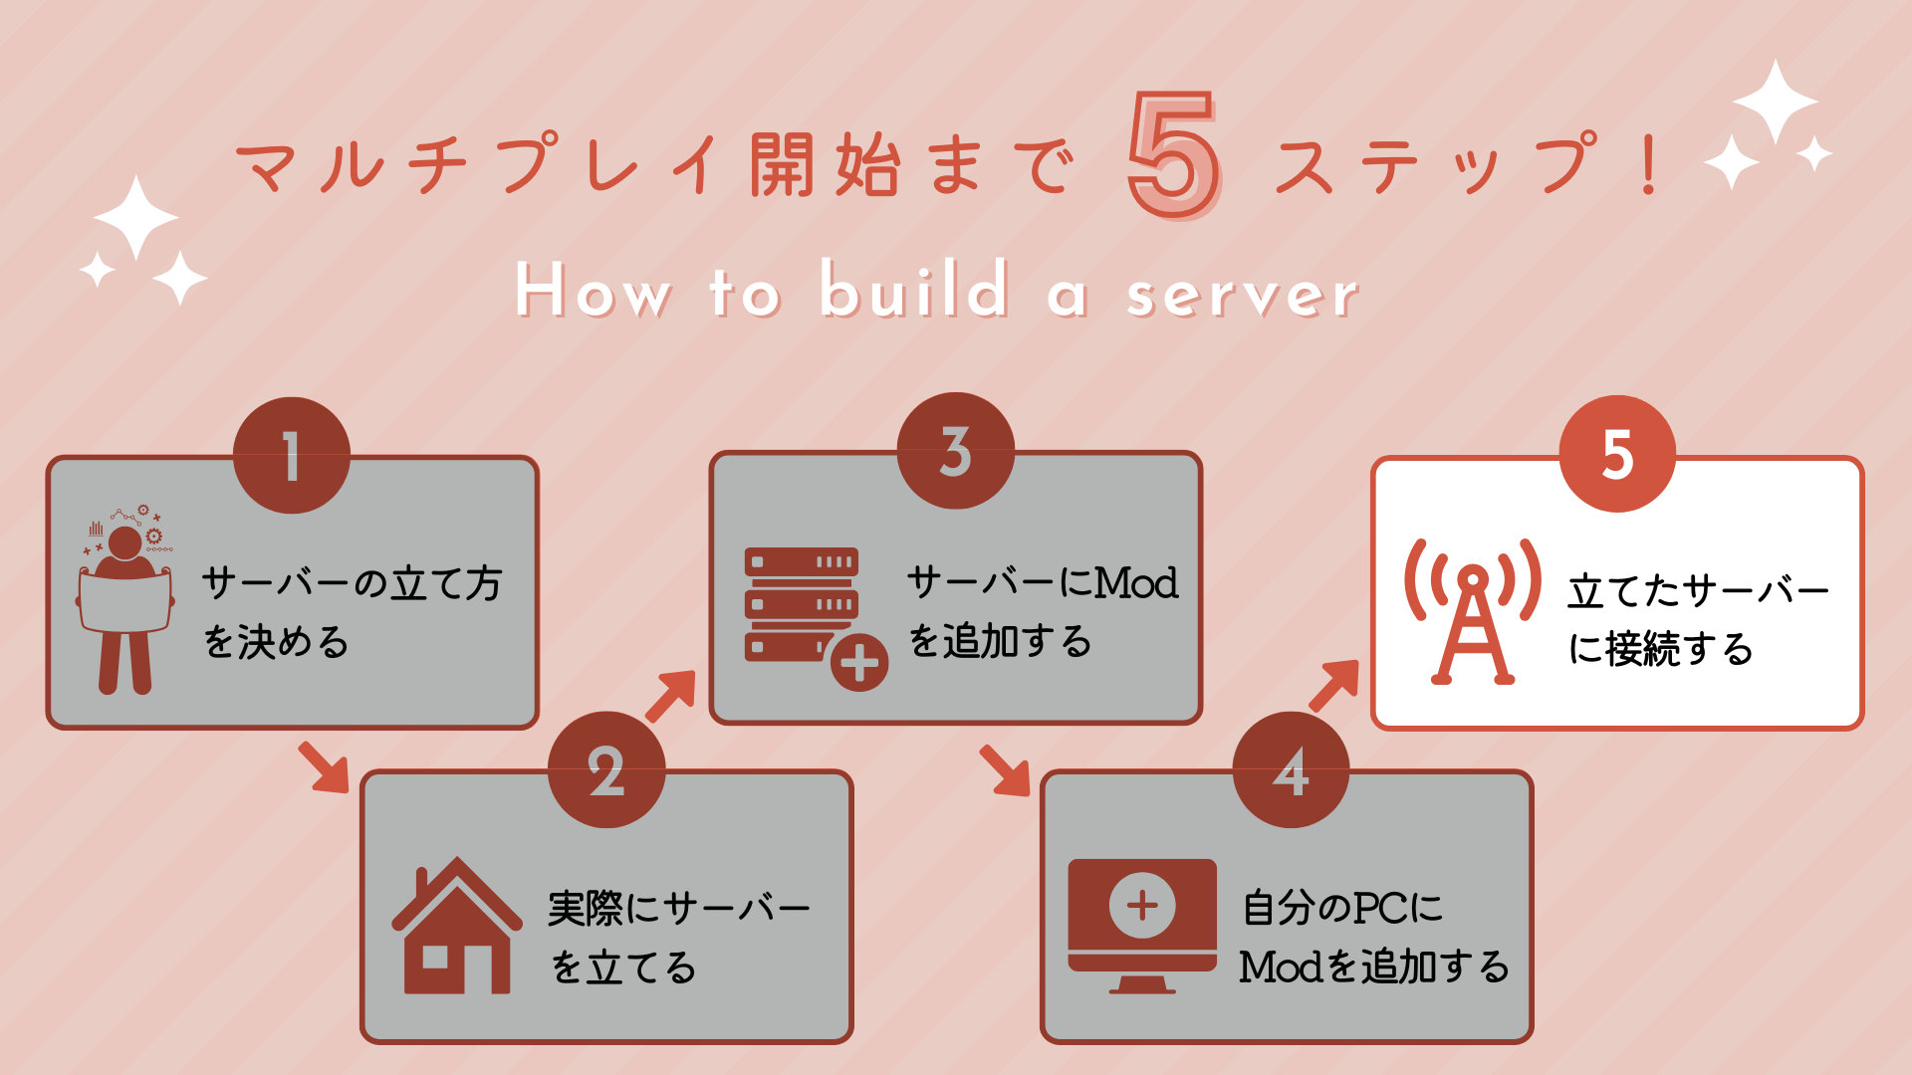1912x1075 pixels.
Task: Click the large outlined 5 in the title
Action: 1174,154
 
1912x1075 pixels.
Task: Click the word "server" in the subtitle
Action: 1243,294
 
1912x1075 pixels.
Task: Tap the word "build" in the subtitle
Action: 914,288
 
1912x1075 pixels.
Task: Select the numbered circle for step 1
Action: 292,456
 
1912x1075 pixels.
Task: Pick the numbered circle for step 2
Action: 606,769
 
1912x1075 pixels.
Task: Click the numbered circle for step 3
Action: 956,451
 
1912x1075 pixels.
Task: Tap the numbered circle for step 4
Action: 1292,769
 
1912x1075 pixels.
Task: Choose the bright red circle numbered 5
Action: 1618,454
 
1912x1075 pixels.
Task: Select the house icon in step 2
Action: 457,926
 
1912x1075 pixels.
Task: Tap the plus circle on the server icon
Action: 859,663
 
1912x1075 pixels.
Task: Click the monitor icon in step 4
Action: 1142,926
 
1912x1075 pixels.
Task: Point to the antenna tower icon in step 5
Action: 1473,612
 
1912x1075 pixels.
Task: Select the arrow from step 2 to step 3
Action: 671,695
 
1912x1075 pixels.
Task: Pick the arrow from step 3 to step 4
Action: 1005,770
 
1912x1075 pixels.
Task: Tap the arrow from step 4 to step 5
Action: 1334,685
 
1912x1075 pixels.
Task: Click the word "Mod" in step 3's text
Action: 1136,583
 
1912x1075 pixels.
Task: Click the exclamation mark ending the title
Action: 1649,164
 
